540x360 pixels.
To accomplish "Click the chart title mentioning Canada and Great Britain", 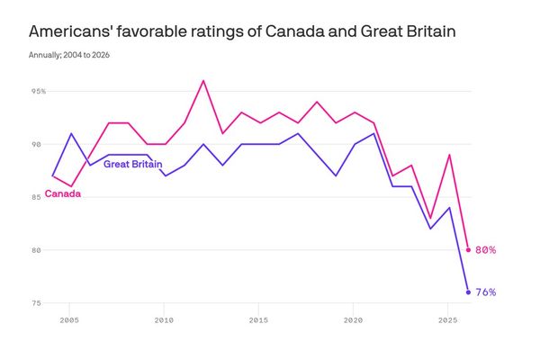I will point(242,32).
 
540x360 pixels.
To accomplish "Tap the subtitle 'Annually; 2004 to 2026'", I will point(76,56).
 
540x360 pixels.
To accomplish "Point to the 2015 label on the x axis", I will point(259,319).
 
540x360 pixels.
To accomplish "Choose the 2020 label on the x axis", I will point(354,319).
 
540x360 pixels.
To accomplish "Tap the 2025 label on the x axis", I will point(448,319).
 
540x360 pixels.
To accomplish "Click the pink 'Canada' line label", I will point(63,193).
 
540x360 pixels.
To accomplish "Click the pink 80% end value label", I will point(486,250).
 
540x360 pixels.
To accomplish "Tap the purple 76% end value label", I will point(486,292).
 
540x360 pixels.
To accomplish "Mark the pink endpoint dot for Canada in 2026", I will point(468,250).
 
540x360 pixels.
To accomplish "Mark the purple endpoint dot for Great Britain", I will point(468,292).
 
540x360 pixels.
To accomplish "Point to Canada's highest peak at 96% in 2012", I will point(203,81).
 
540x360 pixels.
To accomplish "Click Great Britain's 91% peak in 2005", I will point(71,133).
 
